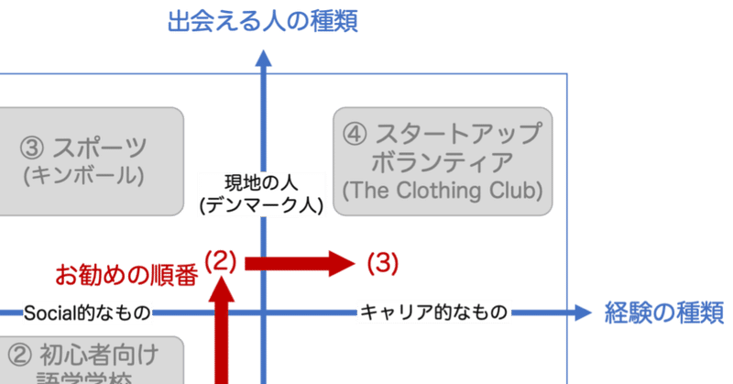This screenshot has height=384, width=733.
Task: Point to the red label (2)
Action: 220,261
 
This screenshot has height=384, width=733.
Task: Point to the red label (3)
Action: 382,264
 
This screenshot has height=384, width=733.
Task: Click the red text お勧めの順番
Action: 126,274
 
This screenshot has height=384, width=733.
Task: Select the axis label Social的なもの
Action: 86,313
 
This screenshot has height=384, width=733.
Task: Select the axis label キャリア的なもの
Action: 432,313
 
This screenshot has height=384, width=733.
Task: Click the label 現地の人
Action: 262,181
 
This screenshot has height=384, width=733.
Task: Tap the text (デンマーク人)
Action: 262,205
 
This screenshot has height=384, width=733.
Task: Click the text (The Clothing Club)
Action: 443,192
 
